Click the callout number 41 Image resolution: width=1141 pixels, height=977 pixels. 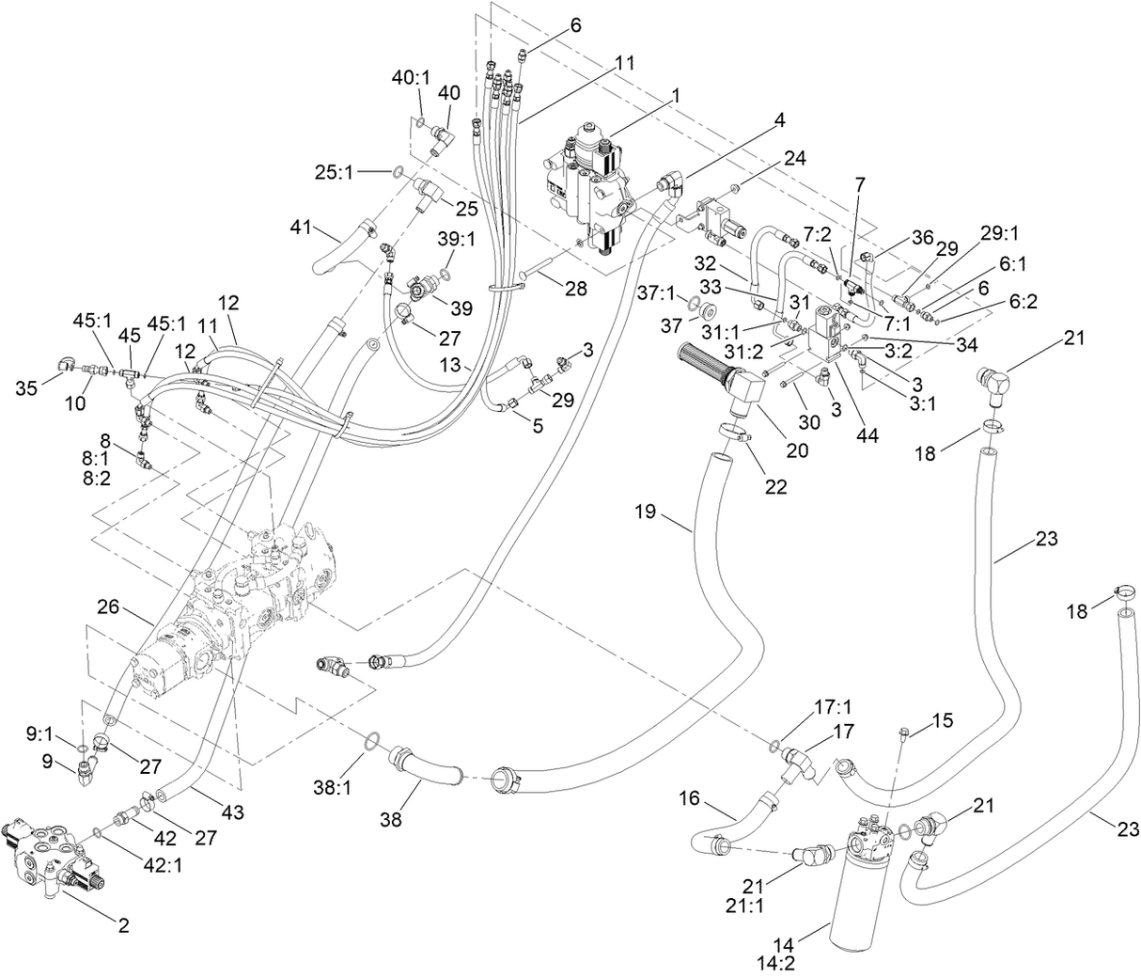301,228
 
